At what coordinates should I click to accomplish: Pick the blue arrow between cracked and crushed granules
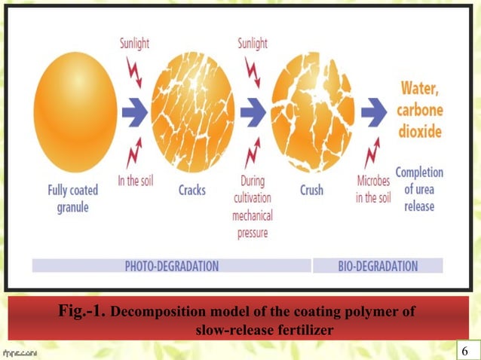click(253, 114)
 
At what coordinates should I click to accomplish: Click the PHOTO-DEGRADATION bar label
click(171, 265)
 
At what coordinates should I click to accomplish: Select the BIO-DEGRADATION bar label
click(377, 265)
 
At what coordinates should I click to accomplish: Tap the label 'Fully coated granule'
click(72, 197)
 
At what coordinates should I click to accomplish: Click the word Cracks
click(191, 191)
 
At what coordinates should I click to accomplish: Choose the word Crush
click(311, 190)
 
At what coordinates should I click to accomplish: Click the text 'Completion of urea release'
click(419, 188)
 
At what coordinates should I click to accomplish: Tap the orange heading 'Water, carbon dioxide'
click(420, 108)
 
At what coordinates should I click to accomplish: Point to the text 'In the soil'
click(137, 182)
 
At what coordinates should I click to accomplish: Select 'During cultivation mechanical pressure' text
click(253, 208)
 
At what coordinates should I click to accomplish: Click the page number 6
click(464, 352)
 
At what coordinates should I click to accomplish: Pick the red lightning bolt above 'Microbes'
click(370, 155)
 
